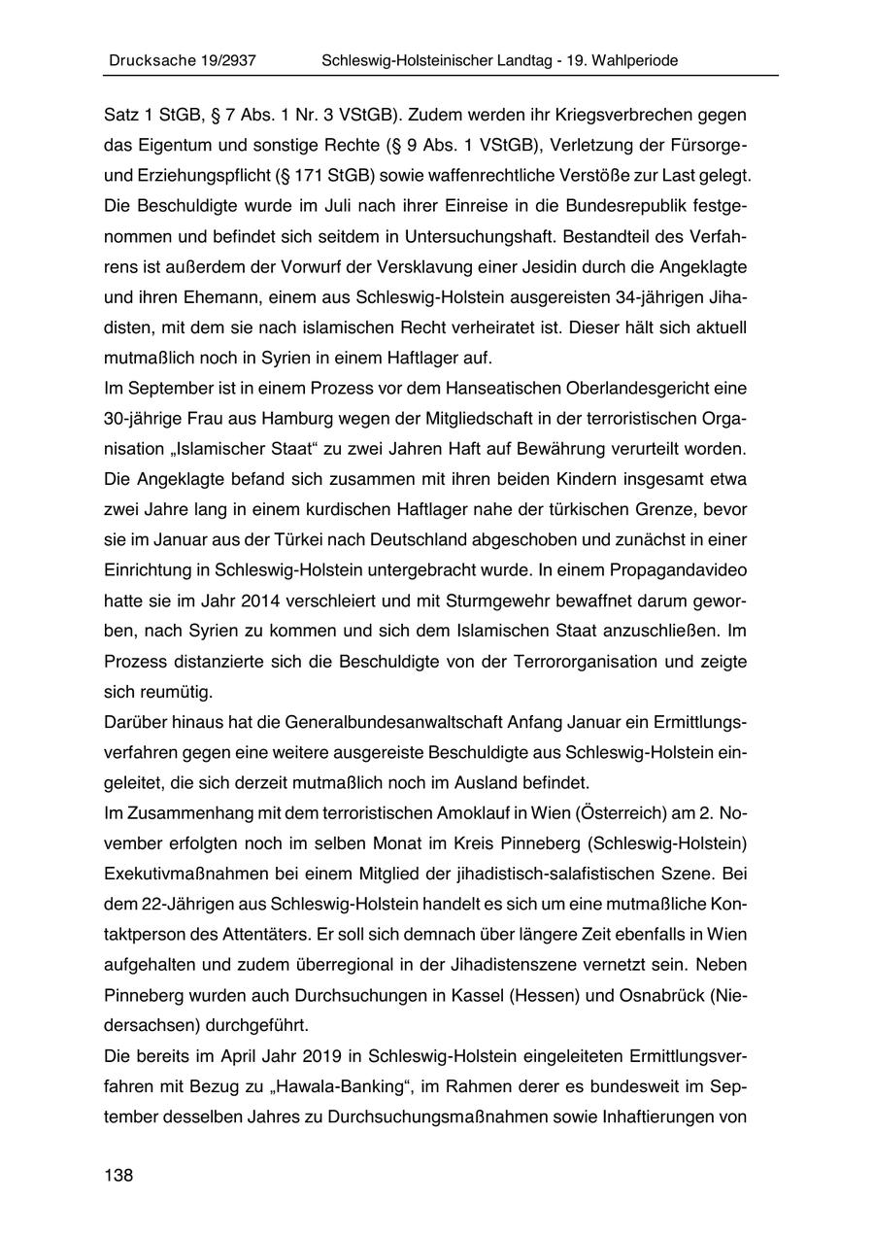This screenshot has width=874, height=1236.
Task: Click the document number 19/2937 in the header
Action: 222,60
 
